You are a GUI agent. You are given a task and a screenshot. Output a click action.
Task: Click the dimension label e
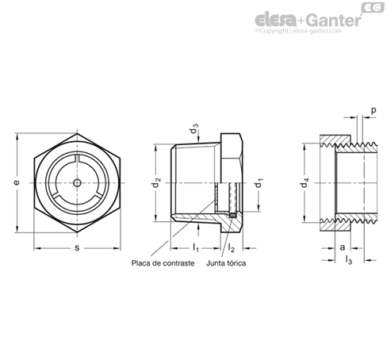pyautogui.click(x=17, y=182)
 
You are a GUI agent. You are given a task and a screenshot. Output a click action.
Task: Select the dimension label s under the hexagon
pyautogui.click(x=77, y=248)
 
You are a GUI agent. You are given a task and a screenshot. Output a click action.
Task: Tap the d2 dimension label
pyautogui.click(x=157, y=182)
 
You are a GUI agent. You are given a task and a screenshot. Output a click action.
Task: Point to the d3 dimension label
pyautogui.click(x=194, y=128)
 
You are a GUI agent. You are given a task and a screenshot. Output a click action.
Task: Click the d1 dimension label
pyautogui.click(x=259, y=183)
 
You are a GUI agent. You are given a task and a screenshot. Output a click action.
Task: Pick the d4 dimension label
pyautogui.click(x=305, y=182)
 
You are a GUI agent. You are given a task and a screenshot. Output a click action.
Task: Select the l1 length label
pyautogui.click(x=196, y=248)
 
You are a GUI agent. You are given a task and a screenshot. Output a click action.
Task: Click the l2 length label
pyautogui.click(x=232, y=248)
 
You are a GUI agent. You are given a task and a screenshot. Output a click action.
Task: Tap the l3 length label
pyautogui.click(x=349, y=260)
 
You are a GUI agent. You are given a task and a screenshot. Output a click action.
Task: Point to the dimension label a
pyautogui.click(x=343, y=247)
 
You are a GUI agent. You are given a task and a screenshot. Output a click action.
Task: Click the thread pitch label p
pyautogui.click(x=374, y=110)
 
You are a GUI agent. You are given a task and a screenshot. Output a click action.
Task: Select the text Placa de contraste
pyautogui.click(x=163, y=263)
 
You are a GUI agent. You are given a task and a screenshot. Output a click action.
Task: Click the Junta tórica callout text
pyautogui.click(x=226, y=263)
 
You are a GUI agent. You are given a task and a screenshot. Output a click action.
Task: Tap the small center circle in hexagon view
pyautogui.click(x=77, y=182)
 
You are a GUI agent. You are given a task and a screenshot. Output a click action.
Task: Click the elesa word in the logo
pyautogui.click(x=276, y=20)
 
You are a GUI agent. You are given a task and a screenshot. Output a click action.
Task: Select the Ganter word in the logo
pyautogui.click(x=335, y=21)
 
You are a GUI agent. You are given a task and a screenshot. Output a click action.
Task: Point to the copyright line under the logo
pyautogui.click(x=298, y=31)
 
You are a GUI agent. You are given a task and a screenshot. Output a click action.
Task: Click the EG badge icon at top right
pyautogui.click(x=373, y=7)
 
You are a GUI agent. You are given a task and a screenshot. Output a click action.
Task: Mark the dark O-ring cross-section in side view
pyautogui.click(x=232, y=216)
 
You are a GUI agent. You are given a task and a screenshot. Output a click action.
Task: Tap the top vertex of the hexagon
pyautogui.click(x=77, y=133)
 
